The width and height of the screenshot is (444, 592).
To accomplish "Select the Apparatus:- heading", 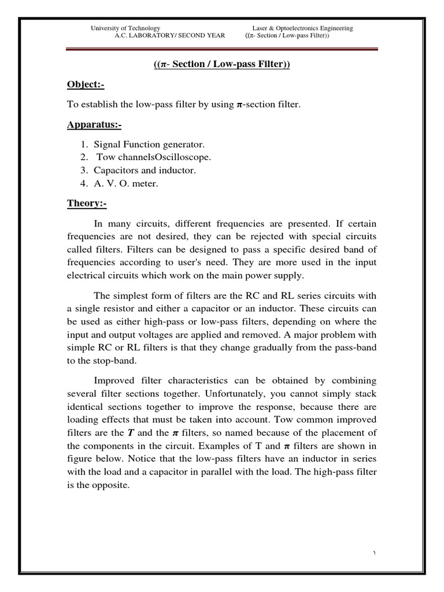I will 94,125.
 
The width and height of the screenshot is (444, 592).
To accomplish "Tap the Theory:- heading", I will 87,204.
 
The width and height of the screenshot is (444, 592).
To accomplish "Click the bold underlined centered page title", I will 221,64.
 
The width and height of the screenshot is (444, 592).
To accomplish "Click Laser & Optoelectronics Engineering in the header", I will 302,28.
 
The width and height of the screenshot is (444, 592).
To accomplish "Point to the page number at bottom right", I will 374,553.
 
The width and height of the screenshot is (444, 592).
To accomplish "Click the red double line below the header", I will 221,50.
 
